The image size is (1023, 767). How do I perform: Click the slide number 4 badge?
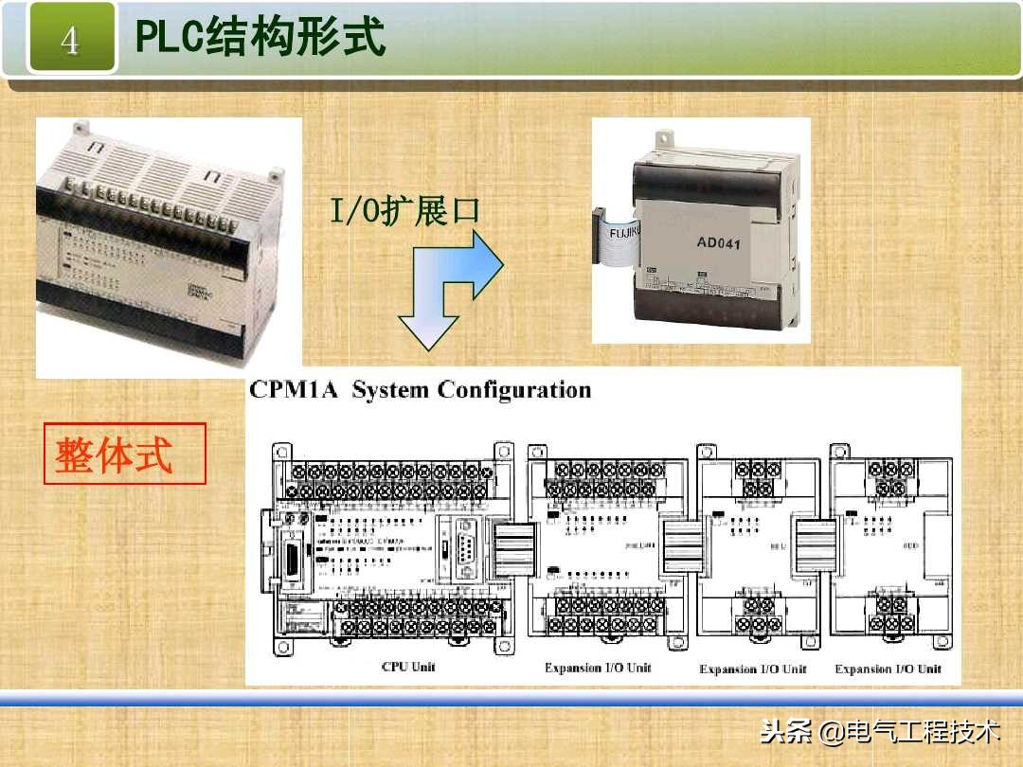point(71,40)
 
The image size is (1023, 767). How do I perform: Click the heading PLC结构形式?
point(260,38)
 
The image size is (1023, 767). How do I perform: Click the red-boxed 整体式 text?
point(115,455)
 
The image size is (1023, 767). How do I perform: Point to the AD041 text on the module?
point(718,242)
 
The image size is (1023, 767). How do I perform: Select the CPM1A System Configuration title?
point(420,390)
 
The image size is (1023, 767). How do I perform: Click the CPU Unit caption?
point(408,667)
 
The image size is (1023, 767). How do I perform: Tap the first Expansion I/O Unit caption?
point(598,668)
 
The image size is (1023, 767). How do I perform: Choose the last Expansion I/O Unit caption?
point(888,669)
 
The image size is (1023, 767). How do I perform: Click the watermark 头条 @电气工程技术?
point(880,731)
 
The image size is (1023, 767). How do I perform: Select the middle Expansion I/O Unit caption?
point(753,669)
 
